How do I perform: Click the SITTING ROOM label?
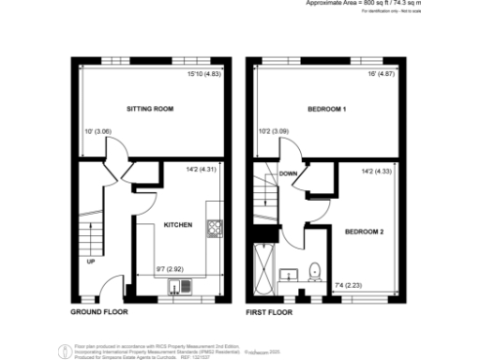pos(152,110)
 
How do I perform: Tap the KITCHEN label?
pos(178,226)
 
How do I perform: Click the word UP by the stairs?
pos(91,262)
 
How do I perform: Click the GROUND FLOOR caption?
pos(99,311)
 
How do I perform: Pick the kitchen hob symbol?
pos(214,226)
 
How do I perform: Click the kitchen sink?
pos(175,287)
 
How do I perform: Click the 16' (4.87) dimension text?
pos(381,74)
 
